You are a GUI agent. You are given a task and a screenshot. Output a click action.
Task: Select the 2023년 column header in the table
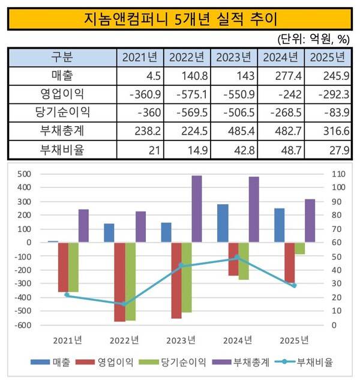[235, 58]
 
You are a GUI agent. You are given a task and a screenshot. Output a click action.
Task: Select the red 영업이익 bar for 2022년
[120, 282]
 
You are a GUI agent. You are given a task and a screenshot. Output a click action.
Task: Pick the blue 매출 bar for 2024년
[223, 223]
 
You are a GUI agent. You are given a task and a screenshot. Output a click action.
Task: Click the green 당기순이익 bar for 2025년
[299, 248]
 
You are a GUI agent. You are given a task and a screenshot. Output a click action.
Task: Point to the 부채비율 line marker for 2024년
[236, 258]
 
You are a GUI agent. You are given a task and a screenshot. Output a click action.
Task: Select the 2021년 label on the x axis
[67, 341]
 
